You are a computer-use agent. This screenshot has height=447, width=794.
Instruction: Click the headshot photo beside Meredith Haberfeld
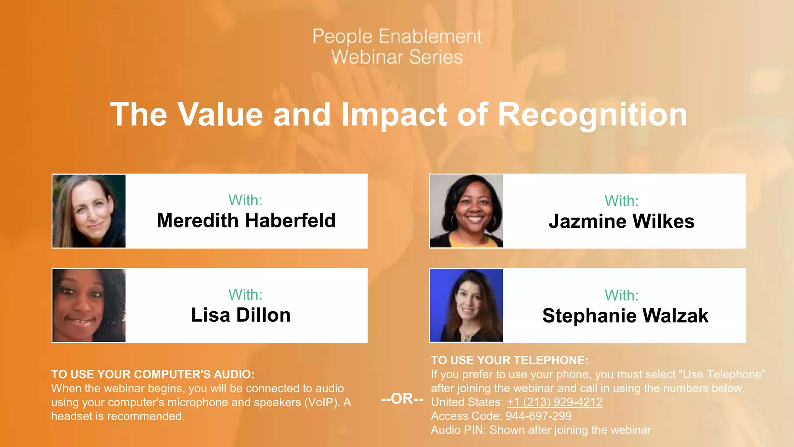(x=89, y=211)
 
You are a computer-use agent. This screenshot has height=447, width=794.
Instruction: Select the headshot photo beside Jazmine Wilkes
(x=466, y=211)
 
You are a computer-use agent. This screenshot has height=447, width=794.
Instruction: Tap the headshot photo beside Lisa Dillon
(x=89, y=305)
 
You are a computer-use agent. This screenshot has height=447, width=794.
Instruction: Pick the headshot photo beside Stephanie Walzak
(x=466, y=305)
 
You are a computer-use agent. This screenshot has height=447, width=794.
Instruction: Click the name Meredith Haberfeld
(x=246, y=220)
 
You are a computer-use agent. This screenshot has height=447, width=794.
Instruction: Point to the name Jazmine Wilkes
(x=621, y=221)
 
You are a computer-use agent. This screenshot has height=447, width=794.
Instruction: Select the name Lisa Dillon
(x=241, y=315)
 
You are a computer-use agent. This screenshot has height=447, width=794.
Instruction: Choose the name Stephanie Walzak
(x=625, y=315)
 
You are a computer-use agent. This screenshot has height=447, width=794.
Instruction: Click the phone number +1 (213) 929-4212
(x=554, y=402)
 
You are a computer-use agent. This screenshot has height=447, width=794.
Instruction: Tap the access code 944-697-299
(x=538, y=416)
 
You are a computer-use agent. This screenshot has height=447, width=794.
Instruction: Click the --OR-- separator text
(x=402, y=398)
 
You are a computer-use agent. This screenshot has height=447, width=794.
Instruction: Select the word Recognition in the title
(x=592, y=114)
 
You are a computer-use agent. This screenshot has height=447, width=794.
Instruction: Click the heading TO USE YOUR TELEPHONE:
(x=509, y=360)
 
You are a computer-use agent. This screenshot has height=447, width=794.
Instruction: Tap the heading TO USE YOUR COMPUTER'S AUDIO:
(x=153, y=374)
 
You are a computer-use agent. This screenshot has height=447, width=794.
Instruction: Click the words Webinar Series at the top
(x=397, y=57)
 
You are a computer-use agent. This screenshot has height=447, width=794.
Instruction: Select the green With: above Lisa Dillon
(x=245, y=295)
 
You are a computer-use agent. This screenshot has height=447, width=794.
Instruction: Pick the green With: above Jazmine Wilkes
(x=621, y=201)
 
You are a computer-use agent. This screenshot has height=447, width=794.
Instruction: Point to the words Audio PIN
(x=458, y=430)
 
